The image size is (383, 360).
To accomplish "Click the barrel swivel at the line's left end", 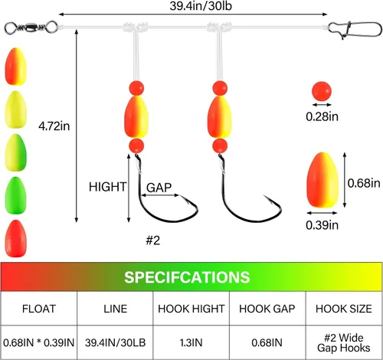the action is pyautogui.click(x=31, y=27).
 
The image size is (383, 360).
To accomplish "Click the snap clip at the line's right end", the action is pyautogui.click(x=355, y=29).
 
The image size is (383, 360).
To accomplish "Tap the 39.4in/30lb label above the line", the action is pyautogui.click(x=201, y=6).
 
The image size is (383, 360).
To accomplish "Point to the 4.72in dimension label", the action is pyautogui.click(x=54, y=126).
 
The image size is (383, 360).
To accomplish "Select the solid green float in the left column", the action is pyautogui.click(x=16, y=195).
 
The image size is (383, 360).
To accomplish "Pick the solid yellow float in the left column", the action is pyautogui.click(x=16, y=110).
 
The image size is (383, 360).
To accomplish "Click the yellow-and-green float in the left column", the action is pyautogui.click(x=16, y=152).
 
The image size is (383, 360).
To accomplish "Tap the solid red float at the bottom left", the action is pyautogui.click(x=16, y=238).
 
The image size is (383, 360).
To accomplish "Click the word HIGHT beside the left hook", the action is pyautogui.click(x=107, y=187).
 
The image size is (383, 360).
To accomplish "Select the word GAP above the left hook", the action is pyautogui.click(x=159, y=188).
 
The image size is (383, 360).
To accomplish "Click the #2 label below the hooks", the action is pyautogui.click(x=153, y=241).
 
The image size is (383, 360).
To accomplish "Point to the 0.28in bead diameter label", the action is pyautogui.click(x=322, y=116).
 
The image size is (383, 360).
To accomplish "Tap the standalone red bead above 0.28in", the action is pyautogui.click(x=322, y=91).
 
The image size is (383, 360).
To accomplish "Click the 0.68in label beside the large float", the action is pyautogui.click(x=364, y=183).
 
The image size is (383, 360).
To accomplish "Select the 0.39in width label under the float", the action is pyautogui.click(x=322, y=225).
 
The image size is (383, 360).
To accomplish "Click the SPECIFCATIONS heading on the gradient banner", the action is pyautogui.click(x=187, y=277).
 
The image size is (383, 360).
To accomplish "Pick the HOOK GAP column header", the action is pyautogui.click(x=267, y=309).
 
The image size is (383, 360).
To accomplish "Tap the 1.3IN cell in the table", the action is pyautogui.click(x=191, y=342).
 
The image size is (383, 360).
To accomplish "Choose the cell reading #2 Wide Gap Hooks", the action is pyautogui.click(x=344, y=343).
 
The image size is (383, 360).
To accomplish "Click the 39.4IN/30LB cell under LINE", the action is pyautogui.click(x=115, y=342).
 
